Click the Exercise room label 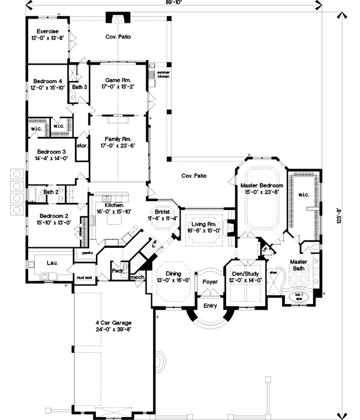click(47, 31)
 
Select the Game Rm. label click(118, 80)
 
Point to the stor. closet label click(82, 145)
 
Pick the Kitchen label click(114, 205)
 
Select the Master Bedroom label click(259, 185)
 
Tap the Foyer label click(210, 280)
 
